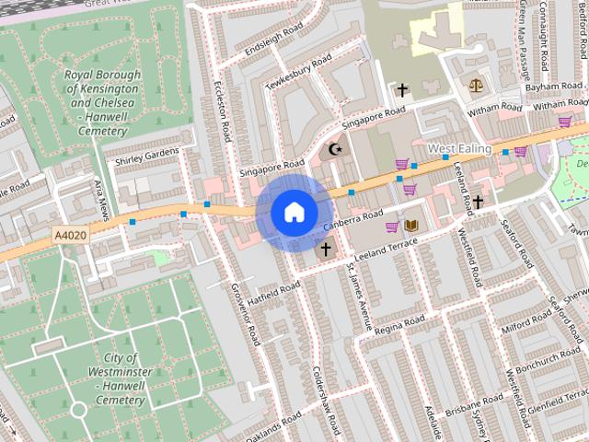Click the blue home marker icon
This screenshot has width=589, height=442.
294,212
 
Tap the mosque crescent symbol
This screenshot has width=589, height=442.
334,149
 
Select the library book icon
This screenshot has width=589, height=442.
411,226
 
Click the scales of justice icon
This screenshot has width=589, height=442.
475,84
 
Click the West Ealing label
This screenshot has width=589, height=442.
459,148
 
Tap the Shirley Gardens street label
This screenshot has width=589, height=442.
146,157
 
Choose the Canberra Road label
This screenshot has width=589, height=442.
352,216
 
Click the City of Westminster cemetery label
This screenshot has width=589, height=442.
121,375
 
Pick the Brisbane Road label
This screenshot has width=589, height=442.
473,401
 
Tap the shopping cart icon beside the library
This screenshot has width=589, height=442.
392,227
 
